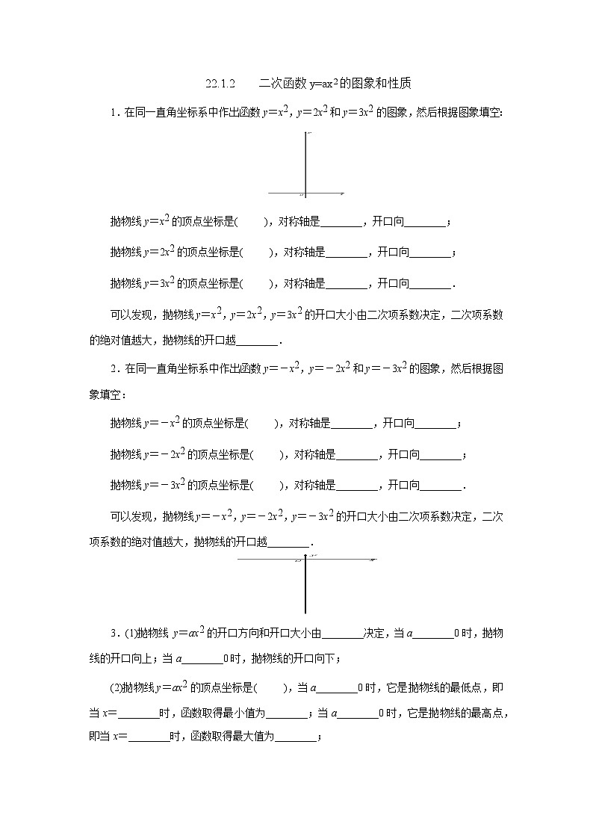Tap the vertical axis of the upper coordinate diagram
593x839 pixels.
click(305, 161)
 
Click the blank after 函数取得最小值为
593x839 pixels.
click(288, 714)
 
